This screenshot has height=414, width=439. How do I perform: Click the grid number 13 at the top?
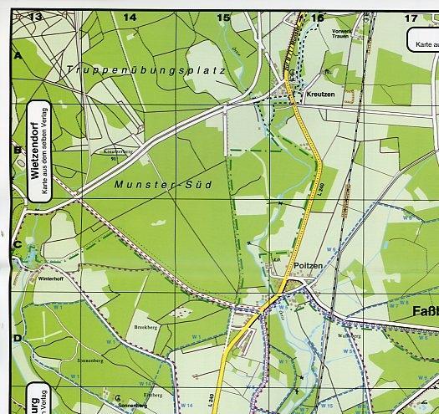(34, 16)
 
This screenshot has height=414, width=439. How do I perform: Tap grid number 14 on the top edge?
(130, 17)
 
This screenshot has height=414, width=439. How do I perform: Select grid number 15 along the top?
(223, 17)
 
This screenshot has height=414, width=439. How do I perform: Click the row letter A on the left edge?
(18, 55)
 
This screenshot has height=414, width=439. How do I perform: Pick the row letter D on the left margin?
(18, 338)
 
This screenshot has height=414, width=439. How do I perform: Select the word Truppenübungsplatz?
(147, 70)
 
